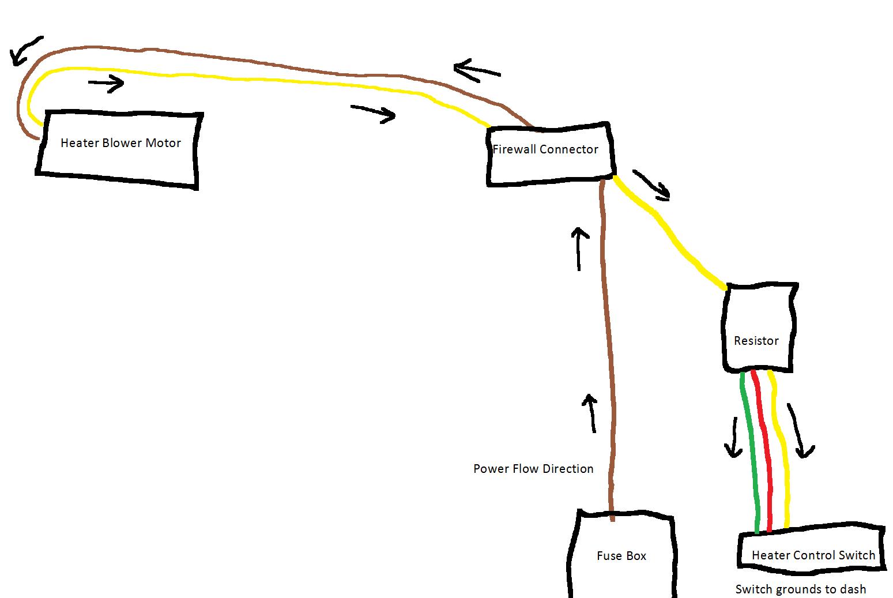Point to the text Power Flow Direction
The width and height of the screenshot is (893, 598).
click(x=533, y=469)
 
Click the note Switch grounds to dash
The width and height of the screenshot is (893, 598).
click(x=800, y=589)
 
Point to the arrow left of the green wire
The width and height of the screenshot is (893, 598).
click(x=734, y=437)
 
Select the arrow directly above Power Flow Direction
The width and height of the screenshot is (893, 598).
click(x=590, y=413)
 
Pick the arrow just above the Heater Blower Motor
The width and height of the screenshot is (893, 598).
click(x=107, y=84)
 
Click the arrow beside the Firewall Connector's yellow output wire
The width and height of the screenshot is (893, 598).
click(x=653, y=184)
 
